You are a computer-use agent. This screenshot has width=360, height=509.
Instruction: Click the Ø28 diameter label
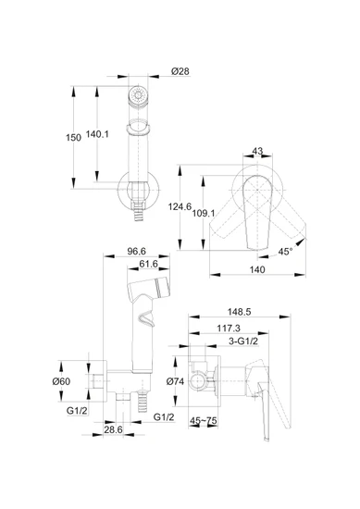coord(180,71)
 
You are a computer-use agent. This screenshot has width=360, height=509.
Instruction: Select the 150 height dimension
coord(73,138)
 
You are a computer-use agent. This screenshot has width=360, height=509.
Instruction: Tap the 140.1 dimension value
coord(97,134)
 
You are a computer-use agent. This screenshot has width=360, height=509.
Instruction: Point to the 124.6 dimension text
coord(180,206)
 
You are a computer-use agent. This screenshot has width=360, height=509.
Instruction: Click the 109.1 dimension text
coord(204,213)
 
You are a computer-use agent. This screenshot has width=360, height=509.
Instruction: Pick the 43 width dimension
coord(257,151)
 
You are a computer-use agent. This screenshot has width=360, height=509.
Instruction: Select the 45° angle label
coord(285,252)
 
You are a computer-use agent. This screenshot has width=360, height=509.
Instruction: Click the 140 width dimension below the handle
coord(257,269)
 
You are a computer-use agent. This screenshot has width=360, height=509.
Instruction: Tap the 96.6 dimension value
coord(137,251)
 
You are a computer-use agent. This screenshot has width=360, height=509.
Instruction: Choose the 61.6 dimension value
coord(148,265)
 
